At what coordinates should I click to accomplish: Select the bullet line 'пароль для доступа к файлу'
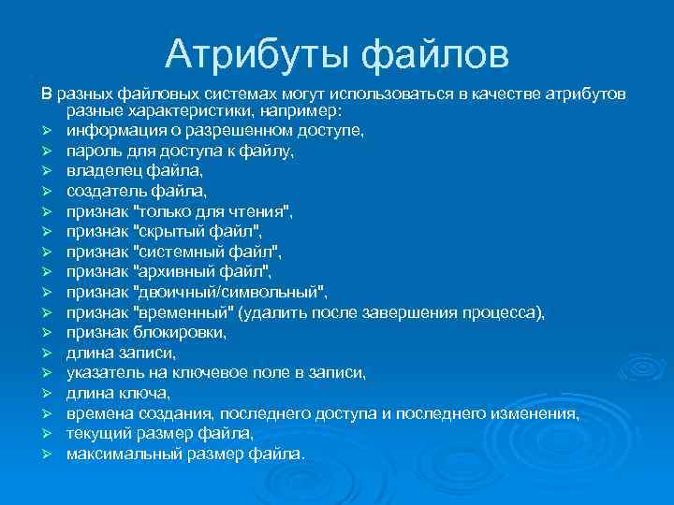[x=181, y=151]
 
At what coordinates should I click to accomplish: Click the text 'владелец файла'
[x=134, y=171]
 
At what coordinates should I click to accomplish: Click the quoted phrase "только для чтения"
[x=213, y=211]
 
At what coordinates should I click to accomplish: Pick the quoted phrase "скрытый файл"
[x=198, y=231]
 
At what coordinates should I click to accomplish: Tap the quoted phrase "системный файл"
[x=208, y=252]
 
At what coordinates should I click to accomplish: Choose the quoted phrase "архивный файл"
[x=203, y=272]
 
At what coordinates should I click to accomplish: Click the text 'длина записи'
[x=121, y=353]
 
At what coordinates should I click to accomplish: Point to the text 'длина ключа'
[x=118, y=393]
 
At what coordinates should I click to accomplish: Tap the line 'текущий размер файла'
[x=160, y=434]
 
